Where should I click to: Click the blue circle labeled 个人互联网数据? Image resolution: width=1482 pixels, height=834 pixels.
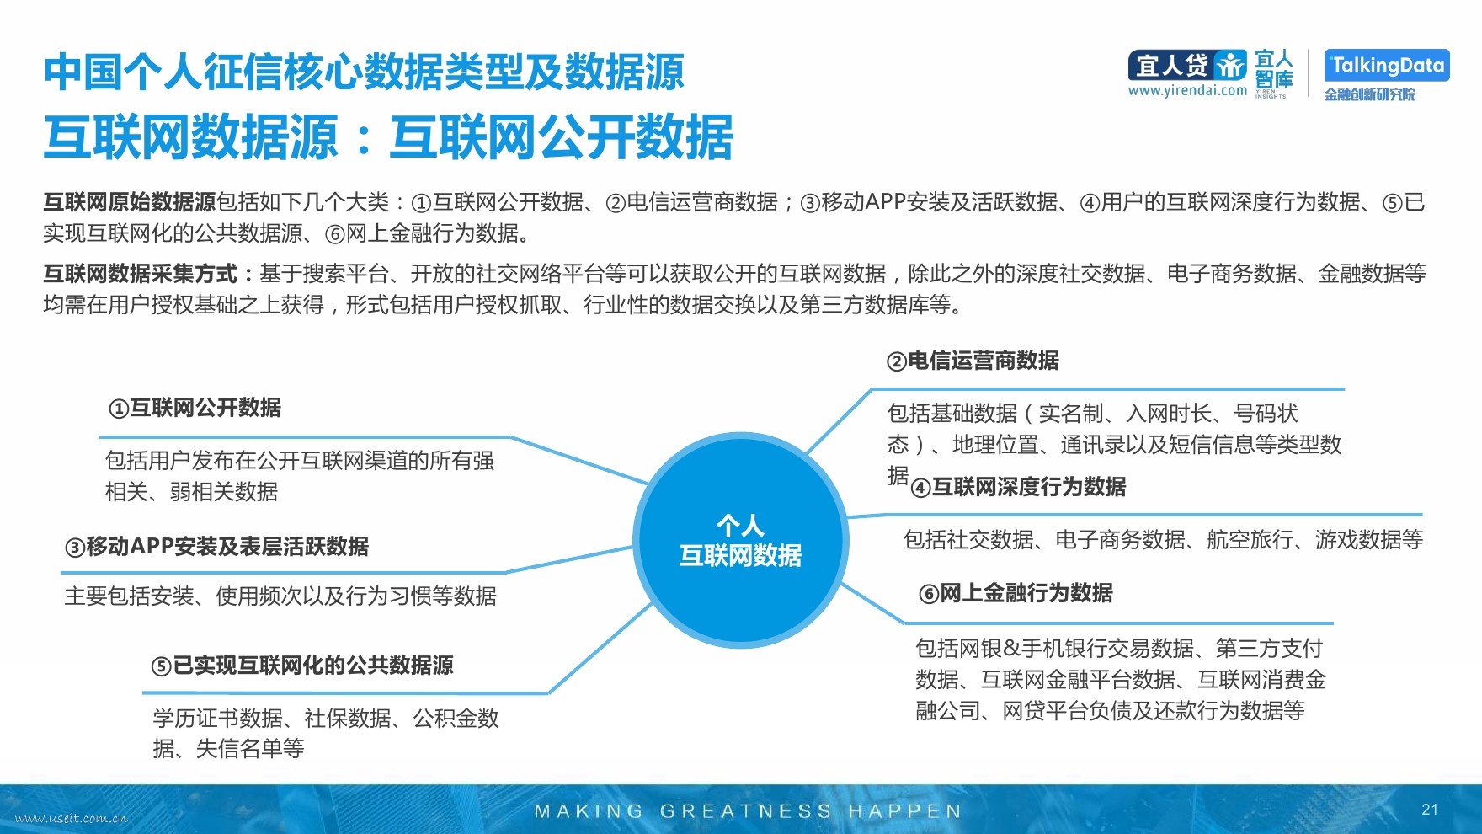tap(740, 540)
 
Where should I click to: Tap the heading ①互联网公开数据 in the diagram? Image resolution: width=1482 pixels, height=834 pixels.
tap(195, 408)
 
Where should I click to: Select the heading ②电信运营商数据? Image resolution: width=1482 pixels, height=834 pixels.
tap(973, 361)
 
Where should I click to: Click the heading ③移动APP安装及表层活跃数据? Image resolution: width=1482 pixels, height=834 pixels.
tap(217, 547)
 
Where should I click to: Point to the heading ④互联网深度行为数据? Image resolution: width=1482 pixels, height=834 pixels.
tap(1018, 487)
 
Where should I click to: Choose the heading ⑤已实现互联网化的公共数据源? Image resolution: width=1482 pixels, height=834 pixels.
tap(302, 666)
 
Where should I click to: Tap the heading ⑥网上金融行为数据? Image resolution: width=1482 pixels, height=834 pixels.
tap(1016, 593)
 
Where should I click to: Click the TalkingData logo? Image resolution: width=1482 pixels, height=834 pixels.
tap(1387, 65)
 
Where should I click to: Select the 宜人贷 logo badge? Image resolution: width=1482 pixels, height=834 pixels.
tap(1187, 65)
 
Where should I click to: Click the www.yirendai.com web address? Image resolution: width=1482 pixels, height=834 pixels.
tap(1187, 90)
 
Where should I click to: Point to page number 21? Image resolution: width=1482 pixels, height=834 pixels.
tap(1430, 810)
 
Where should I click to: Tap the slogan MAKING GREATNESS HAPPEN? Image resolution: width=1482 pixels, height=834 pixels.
tap(748, 811)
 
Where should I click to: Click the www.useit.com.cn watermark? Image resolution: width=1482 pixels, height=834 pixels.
tap(72, 818)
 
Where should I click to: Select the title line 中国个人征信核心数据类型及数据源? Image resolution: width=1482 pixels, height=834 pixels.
tap(364, 72)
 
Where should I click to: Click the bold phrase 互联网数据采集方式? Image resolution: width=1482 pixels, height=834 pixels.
tap(141, 274)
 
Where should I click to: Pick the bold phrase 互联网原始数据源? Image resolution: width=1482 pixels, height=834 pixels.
tap(130, 202)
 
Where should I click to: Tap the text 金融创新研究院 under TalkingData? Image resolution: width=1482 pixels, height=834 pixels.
tap(1370, 94)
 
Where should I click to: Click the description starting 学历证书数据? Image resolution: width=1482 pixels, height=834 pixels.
tap(326, 733)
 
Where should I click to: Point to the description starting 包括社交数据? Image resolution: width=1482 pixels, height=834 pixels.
tap(1163, 539)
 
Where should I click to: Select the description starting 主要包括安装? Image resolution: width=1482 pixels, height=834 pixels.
tap(280, 596)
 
